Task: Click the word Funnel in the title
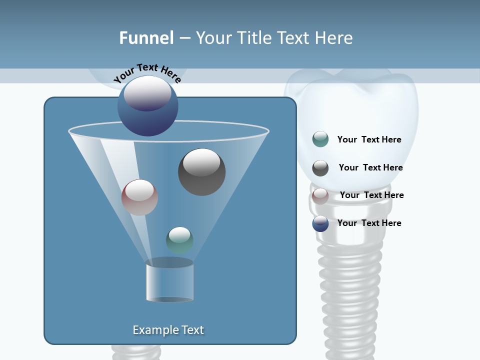[x=146, y=38]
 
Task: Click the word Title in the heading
[x=255, y=38]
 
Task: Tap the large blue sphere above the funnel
[x=147, y=106]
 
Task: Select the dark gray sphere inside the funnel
[x=201, y=172]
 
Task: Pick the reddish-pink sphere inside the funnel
[x=139, y=197]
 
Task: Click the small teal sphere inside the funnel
[x=179, y=240]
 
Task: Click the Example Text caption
[x=168, y=330]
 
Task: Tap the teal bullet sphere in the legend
[x=320, y=139]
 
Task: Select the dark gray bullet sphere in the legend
[x=320, y=168]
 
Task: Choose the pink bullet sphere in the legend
[x=320, y=195]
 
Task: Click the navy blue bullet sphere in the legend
[x=320, y=223]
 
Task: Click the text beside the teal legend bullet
[x=369, y=139]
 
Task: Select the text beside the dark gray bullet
[x=370, y=167]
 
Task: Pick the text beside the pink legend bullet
[x=371, y=195]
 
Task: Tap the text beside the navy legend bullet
[x=369, y=223]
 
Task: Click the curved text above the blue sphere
[x=147, y=72]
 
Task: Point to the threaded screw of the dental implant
[x=350, y=295]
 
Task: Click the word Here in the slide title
[x=334, y=38]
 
